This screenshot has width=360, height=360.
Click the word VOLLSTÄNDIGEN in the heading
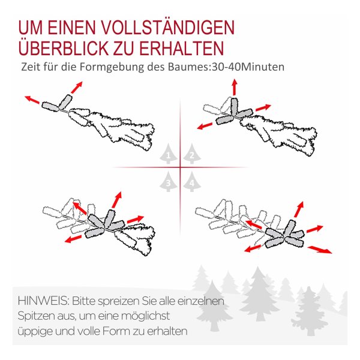[x=168, y=28]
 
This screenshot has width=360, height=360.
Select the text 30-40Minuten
[x=248, y=67]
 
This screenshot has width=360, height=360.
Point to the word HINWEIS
[x=43, y=301]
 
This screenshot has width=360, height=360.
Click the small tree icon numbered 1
[x=168, y=154]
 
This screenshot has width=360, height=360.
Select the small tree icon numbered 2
[x=192, y=154]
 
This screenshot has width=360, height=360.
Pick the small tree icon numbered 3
[x=168, y=182]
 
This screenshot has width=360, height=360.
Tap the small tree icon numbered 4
[x=192, y=182]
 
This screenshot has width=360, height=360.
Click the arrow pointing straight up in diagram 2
[x=235, y=87]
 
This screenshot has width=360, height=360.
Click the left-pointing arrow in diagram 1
[x=32, y=100]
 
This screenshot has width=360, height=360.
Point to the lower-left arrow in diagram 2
[x=205, y=126]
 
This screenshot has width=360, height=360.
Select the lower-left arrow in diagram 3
[x=73, y=239]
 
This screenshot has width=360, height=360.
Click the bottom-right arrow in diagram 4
[x=320, y=250]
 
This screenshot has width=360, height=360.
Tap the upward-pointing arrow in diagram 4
[x=299, y=209]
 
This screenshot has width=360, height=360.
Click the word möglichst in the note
[x=145, y=316]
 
